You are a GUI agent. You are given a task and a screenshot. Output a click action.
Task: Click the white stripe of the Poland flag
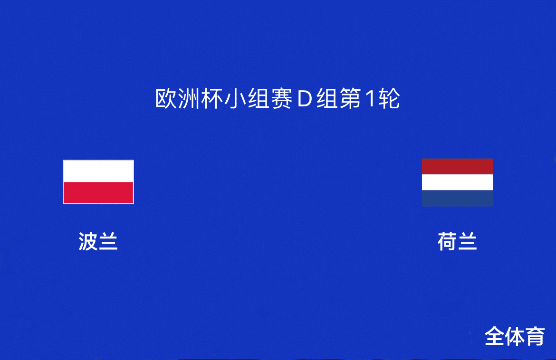point(98,171)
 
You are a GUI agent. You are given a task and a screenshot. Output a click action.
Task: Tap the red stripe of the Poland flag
point(98,193)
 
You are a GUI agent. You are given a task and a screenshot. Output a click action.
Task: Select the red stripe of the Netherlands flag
point(458,166)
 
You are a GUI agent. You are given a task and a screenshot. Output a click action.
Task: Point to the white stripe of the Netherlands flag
point(458,182)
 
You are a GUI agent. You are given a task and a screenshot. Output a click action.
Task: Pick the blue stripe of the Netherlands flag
point(458,198)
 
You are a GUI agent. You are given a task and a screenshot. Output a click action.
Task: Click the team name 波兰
point(98,242)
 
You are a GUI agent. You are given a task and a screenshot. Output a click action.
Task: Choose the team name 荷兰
point(457,242)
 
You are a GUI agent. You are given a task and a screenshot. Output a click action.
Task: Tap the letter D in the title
point(304,98)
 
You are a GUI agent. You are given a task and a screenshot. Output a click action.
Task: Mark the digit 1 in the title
point(370,98)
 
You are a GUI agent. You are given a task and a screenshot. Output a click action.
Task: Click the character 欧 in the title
point(166,98)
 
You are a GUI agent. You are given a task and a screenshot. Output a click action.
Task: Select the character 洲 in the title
point(189,98)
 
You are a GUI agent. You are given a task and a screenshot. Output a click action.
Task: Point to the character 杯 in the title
point(212,98)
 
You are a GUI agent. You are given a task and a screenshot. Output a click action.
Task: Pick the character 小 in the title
point(235,98)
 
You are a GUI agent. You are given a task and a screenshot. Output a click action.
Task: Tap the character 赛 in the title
point(281,98)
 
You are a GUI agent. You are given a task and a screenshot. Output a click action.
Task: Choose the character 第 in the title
point(350,98)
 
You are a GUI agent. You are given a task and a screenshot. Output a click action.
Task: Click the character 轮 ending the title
point(389,98)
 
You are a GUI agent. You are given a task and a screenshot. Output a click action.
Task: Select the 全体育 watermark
point(515,336)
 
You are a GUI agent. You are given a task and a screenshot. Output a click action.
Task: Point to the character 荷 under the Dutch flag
point(447,242)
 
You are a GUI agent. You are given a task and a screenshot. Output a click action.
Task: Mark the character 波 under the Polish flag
point(88,242)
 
